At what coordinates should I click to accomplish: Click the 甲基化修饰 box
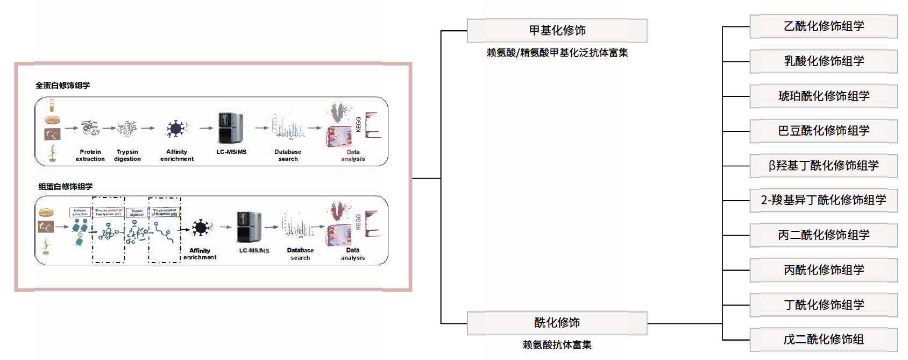click(x=557, y=31)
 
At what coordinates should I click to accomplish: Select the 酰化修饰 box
click(x=557, y=323)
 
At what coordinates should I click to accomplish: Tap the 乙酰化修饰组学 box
click(x=824, y=26)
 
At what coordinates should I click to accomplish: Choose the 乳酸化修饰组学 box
click(x=824, y=61)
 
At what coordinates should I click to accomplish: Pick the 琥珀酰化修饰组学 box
click(x=824, y=96)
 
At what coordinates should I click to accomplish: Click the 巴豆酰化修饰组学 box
click(x=824, y=131)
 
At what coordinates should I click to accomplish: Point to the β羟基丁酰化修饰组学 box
click(x=824, y=166)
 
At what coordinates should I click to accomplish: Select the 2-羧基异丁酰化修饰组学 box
click(x=824, y=200)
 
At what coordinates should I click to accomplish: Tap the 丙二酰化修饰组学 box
click(x=824, y=235)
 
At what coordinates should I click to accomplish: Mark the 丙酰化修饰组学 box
click(x=824, y=270)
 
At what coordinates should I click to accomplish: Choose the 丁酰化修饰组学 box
click(x=824, y=305)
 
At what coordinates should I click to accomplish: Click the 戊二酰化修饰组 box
click(x=824, y=340)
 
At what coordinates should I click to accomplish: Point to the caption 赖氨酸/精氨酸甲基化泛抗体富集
click(x=557, y=53)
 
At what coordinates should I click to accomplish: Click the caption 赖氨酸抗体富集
click(x=557, y=345)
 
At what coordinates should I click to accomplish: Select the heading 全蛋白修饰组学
click(x=62, y=86)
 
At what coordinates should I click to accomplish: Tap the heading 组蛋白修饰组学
click(x=65, y=187)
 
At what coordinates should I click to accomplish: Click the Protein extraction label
click(x=90, y=156)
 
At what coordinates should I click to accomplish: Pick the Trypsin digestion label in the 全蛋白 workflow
click(x=127, y=156)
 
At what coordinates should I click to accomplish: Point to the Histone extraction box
click(x=80, y=213)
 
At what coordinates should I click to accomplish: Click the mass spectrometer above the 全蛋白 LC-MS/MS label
click(x=231, y=128)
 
